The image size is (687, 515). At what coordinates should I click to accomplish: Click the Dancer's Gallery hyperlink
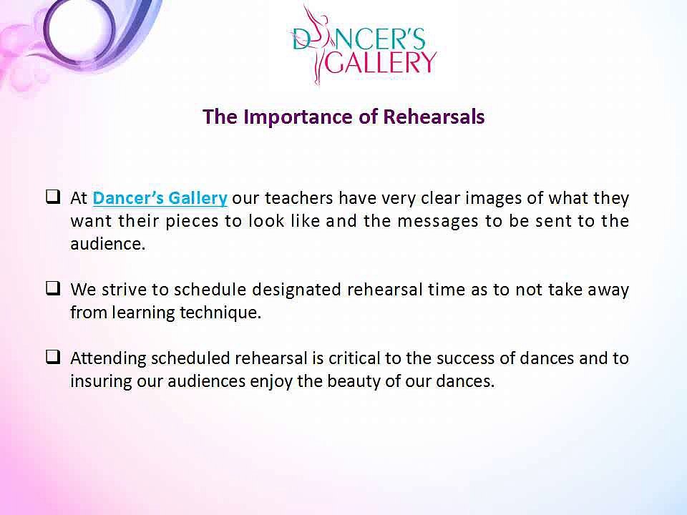click(x=160, y=197)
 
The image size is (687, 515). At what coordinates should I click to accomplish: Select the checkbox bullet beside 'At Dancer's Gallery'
click(x=52, y=195)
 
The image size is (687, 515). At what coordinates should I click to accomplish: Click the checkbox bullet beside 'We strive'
click(x=52, y=288)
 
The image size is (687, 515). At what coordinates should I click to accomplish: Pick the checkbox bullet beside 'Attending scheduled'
click(x=52, y=357)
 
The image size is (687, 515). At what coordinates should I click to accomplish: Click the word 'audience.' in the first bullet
click(x=107, y=243)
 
